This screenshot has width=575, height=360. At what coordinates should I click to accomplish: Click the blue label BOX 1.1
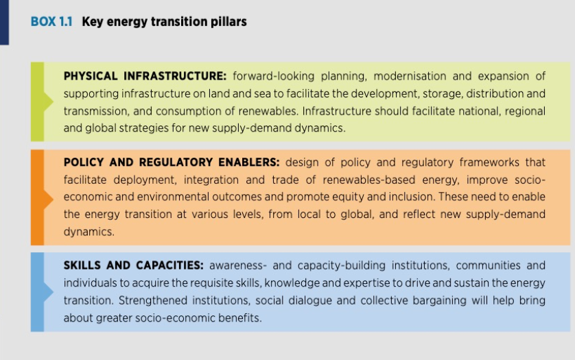tap(51, 22)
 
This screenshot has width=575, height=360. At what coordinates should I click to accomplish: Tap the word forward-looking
tap(274, 76)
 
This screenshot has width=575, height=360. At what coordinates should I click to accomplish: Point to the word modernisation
tap(410, 76)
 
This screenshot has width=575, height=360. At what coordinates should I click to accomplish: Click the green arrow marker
tap(49, 101)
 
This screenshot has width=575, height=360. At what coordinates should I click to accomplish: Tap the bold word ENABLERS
tap(249, 162)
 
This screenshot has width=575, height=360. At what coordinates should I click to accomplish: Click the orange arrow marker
tap(49, 199)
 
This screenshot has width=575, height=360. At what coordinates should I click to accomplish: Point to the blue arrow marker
tap(49, 292)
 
